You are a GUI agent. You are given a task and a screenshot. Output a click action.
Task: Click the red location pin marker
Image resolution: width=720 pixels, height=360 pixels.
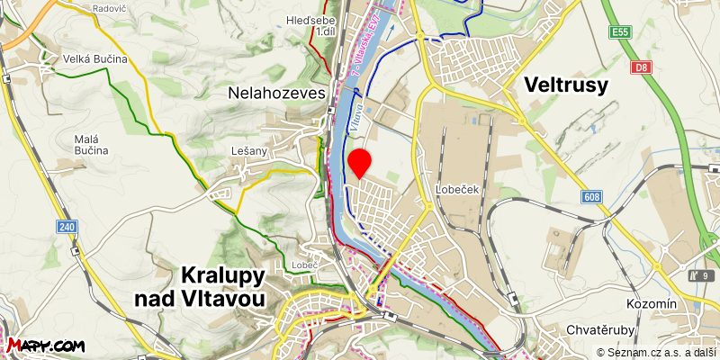coord(360,162)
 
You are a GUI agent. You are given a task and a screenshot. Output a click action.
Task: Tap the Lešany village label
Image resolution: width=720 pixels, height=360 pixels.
coord(249,151)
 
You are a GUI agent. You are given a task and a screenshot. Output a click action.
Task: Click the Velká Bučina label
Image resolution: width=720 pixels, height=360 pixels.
coord(94,58)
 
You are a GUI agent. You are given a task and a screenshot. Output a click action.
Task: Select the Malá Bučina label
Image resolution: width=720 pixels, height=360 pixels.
coord(91,144)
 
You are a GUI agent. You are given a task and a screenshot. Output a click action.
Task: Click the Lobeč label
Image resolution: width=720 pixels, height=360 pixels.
coord(305,265)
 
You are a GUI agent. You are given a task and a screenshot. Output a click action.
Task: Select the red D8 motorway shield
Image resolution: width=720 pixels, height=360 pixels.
coord(640,67)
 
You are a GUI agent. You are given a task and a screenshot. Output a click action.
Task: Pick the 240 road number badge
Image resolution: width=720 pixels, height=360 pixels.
coord(67,227)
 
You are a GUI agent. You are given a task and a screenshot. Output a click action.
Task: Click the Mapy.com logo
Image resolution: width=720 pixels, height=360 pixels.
coord(46,346)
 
